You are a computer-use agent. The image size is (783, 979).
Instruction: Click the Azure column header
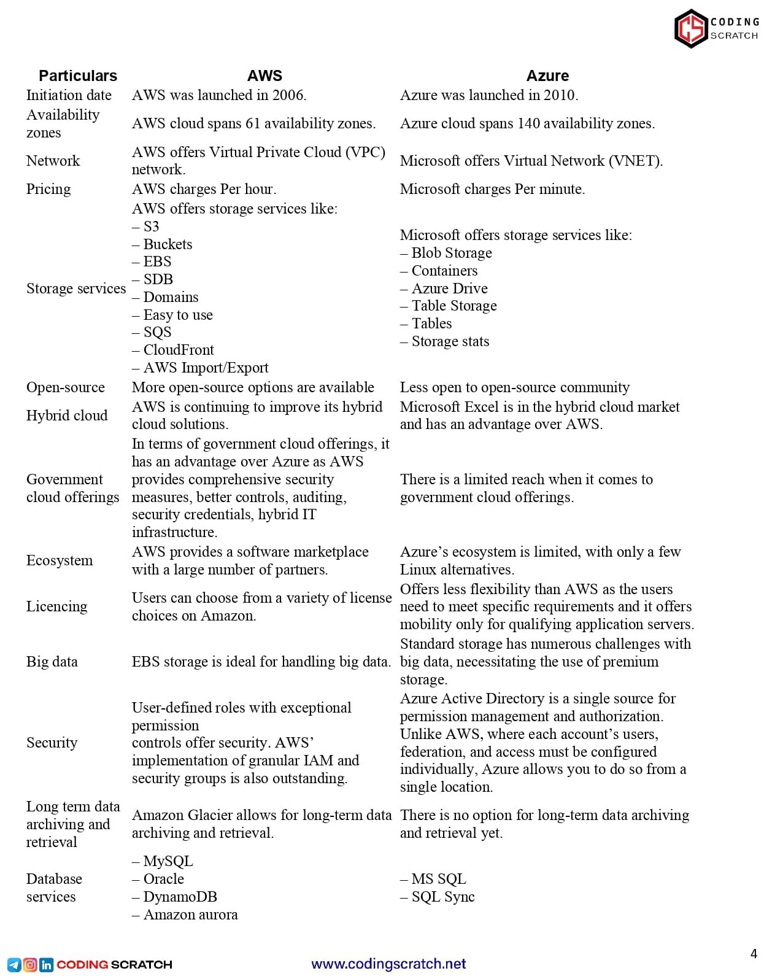click(547, 75)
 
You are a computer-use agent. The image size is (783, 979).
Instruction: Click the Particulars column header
click(78, 75)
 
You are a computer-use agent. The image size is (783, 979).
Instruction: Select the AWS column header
click(264, 75)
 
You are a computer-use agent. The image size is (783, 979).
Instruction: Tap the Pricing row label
click(48, 189)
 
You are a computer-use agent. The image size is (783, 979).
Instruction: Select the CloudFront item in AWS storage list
click(179, 350)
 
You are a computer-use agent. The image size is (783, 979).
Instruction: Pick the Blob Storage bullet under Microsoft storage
click(452, 253)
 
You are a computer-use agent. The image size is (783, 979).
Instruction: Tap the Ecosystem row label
click(60, 560)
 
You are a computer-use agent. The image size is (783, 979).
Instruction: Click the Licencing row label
click(57, 606)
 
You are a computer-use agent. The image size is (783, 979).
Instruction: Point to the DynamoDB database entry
click(180, 897)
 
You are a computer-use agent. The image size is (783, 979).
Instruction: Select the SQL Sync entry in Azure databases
click(442, 897)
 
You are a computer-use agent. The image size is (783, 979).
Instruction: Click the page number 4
click(754, 953)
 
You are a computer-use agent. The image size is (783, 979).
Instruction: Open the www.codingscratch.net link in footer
click(389, 964)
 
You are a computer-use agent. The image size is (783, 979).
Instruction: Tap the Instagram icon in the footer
click(30, 964)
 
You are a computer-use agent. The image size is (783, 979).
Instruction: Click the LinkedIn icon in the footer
click(46, 964)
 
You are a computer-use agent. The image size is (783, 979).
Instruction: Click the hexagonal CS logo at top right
click(691, 28)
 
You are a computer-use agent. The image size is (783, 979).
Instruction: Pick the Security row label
click(52, 743)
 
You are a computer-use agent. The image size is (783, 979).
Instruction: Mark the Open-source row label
click(66, 387)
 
